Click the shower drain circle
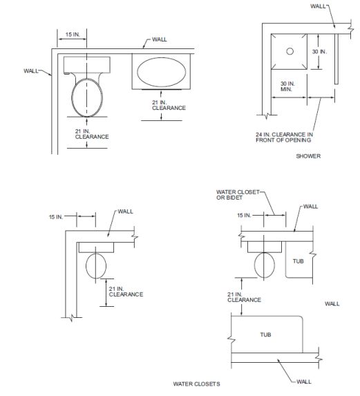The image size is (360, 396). pyautogui.click(x=290, y=51)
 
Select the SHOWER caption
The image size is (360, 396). pyautogui.click(x=308, y=156)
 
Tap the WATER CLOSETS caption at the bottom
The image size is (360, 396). pyautogui.click(x=196, y=384)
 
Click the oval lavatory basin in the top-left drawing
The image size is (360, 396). pyautogui.click(x=162, y=72)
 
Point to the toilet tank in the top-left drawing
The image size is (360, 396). pyautogui.click(x=87, y=65)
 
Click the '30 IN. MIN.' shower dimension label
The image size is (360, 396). pyautogui.click(x=287, y=86)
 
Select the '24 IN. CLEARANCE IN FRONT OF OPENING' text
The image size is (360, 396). pyautogui.click(x=284, y=137)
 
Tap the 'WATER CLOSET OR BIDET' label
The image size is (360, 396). pyautogui.click(x=238, y=195)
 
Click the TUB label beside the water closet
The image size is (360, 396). pyautogui.click(x=298, y=261)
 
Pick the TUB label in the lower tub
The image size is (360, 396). pyautogui.click(x=265, y=334)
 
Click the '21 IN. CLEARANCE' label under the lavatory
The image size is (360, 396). pyautogui.click(x=169, y=105)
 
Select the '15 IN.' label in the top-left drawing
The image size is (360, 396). pyautogui.click(x=73, y=35)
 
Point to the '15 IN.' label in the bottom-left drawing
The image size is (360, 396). pyautogui.click(x=56, y=217)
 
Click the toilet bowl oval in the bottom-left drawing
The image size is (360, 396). pyautogui.click(x=96, y=266)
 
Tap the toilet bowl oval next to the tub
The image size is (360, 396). pyautogui.click(x=265, y=265)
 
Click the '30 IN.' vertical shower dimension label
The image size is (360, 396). pyautogui.click(x=319, y=52)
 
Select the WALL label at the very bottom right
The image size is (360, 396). pyautogui.click(x=304, y=381)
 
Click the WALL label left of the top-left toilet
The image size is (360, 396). pyautogui.click(x=31, y=70)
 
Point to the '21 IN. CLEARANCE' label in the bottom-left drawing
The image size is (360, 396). pyautogui.click(x=126, y=292)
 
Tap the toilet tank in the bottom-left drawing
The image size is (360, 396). pyautogui.click(x=96, y=247)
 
